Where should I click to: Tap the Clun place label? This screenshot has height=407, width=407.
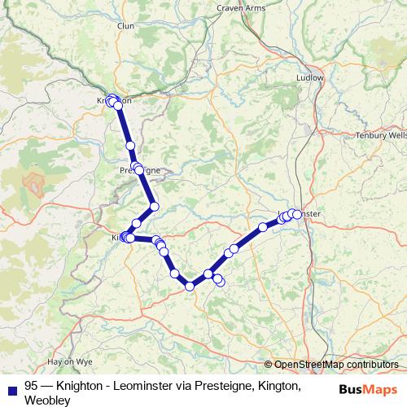coord(125,49)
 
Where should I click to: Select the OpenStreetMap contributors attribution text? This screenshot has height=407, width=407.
coord(335,365)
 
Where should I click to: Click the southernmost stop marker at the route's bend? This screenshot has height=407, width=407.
coord(190,286)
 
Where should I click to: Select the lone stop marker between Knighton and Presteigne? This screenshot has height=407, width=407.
coord(130,145)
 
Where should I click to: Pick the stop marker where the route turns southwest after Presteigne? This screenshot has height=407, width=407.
coord(154,206)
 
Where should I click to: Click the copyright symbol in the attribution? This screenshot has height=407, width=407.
coord(269,365)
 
